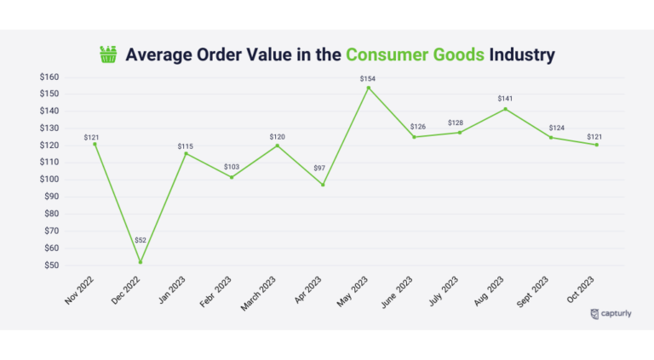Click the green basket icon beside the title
[108, 55]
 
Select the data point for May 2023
[368, 88]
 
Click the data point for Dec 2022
[140, 261]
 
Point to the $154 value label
[368, 78]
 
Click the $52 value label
[140, 241]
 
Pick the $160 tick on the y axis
[49, 77]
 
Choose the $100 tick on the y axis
[49, 180]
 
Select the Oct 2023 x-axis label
[582, 291]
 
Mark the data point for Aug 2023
[505, 109]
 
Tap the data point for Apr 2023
[322, 185]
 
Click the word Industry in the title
[522, 55]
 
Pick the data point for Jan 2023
[186, 153]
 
